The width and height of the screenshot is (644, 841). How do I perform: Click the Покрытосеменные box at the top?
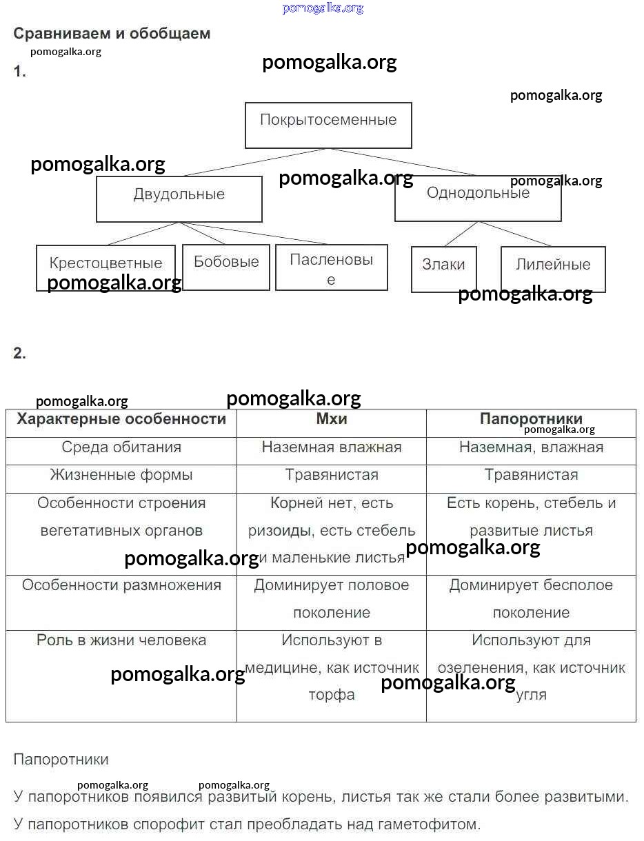tap(328, 125)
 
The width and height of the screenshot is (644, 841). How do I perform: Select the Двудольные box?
tap(179, 199)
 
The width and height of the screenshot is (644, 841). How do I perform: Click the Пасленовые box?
tap(331, 267)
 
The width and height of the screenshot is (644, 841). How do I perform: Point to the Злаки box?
tap(443, 269)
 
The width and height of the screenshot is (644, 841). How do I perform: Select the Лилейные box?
tap(553, 269)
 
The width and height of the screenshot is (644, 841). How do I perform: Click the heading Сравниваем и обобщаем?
tap(112, 34)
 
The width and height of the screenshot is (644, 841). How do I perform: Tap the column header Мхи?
tap(331, 419)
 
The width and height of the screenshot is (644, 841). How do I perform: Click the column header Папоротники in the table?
tap(531, 419)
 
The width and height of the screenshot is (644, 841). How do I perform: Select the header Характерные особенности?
tap(121, 419)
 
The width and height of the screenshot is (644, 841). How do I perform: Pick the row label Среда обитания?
tap(121, 447)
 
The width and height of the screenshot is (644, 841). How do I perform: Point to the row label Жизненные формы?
tap(121, 475)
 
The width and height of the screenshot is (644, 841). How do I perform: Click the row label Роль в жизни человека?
tap(121, 640)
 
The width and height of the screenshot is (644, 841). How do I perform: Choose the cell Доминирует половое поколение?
tap(331, 598)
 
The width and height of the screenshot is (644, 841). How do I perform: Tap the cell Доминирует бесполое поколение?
tap(531, 598)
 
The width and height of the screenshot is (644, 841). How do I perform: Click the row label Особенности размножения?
tap(121, 585)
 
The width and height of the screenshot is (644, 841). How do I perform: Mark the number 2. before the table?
tap(19, 354)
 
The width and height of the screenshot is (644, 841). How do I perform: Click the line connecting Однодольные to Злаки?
tap(461, 234)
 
